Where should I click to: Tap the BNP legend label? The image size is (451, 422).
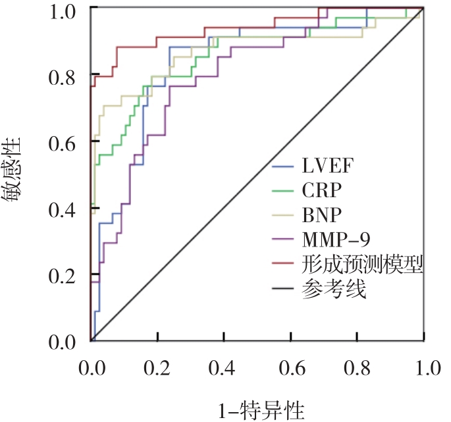pyautogui.click(x=322, y=215)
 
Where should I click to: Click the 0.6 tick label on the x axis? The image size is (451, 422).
pyautogui.click(x=291, y=365)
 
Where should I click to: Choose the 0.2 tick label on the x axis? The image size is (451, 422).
pyautogui.click(x=158, y=365)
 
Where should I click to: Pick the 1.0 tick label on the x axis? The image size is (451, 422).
pyautogui.click(x=423, y=365)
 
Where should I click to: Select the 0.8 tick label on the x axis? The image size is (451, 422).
pyautogui.click(x=357, y=365)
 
